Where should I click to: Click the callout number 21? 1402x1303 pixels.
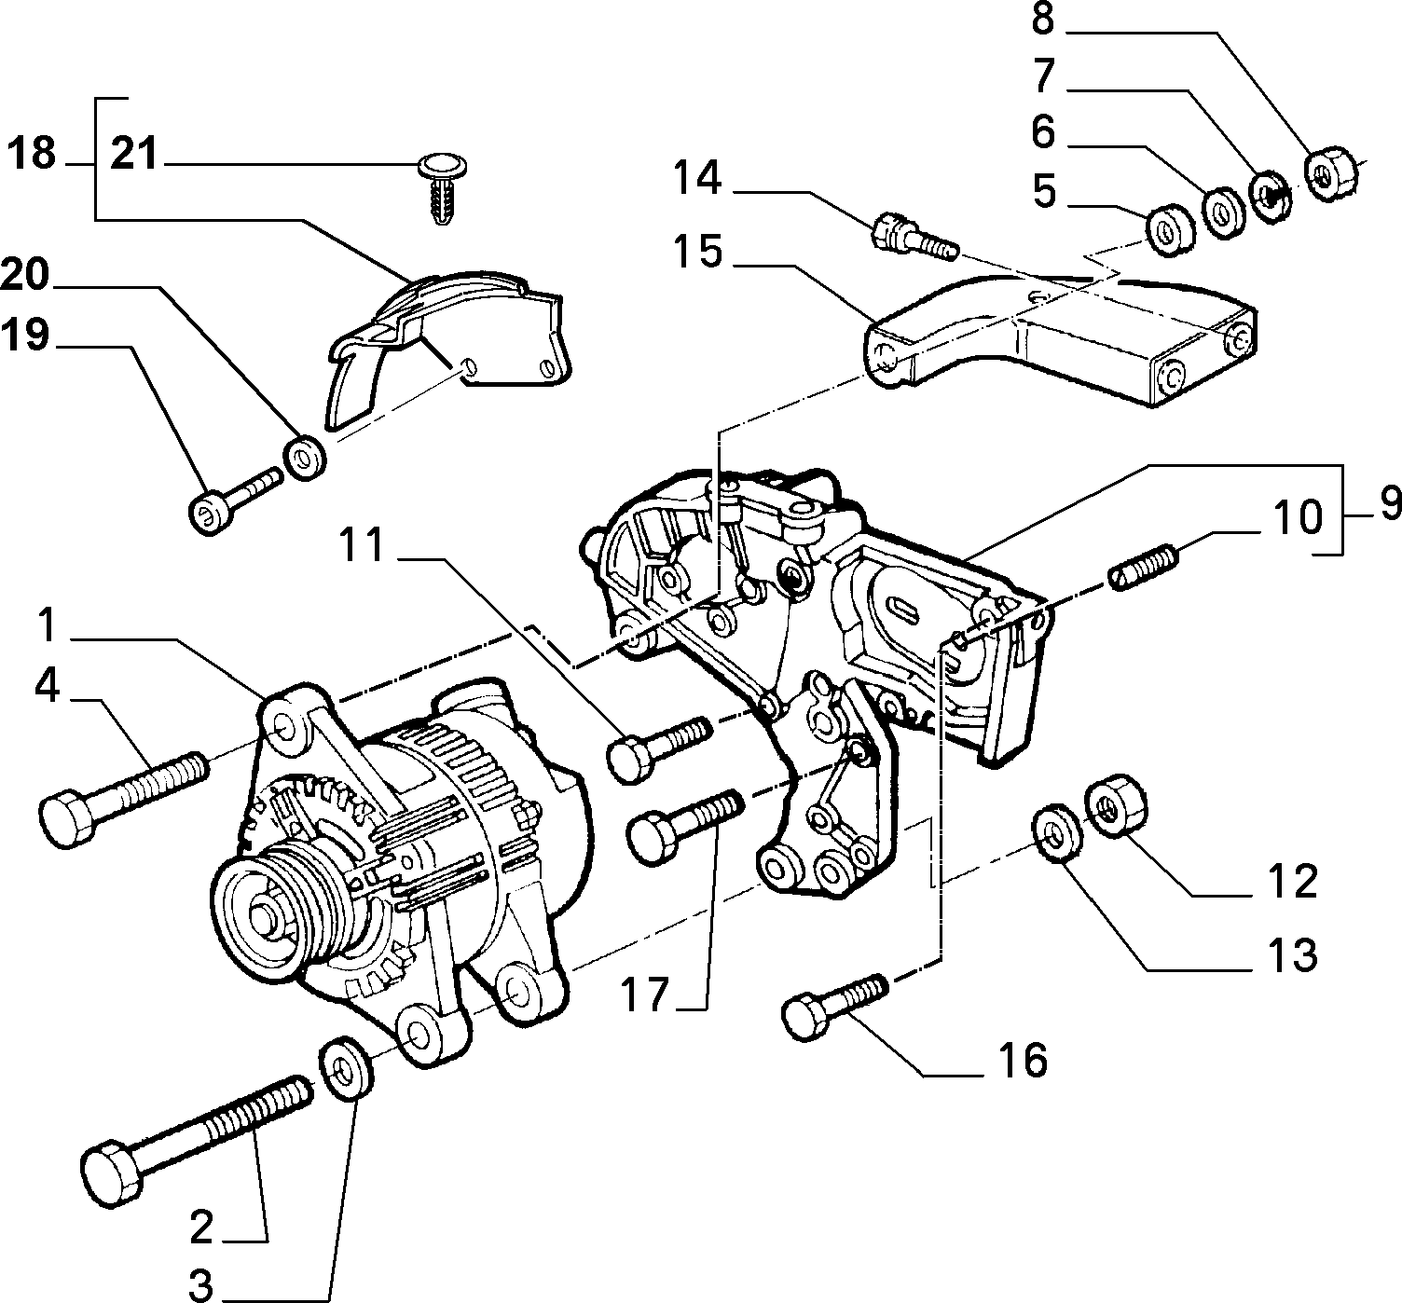[134, 154]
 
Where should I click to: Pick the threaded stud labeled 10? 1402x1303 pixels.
[1144, 566]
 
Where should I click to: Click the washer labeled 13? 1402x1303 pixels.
[1057, 832]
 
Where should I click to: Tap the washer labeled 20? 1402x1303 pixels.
[305, 458]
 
